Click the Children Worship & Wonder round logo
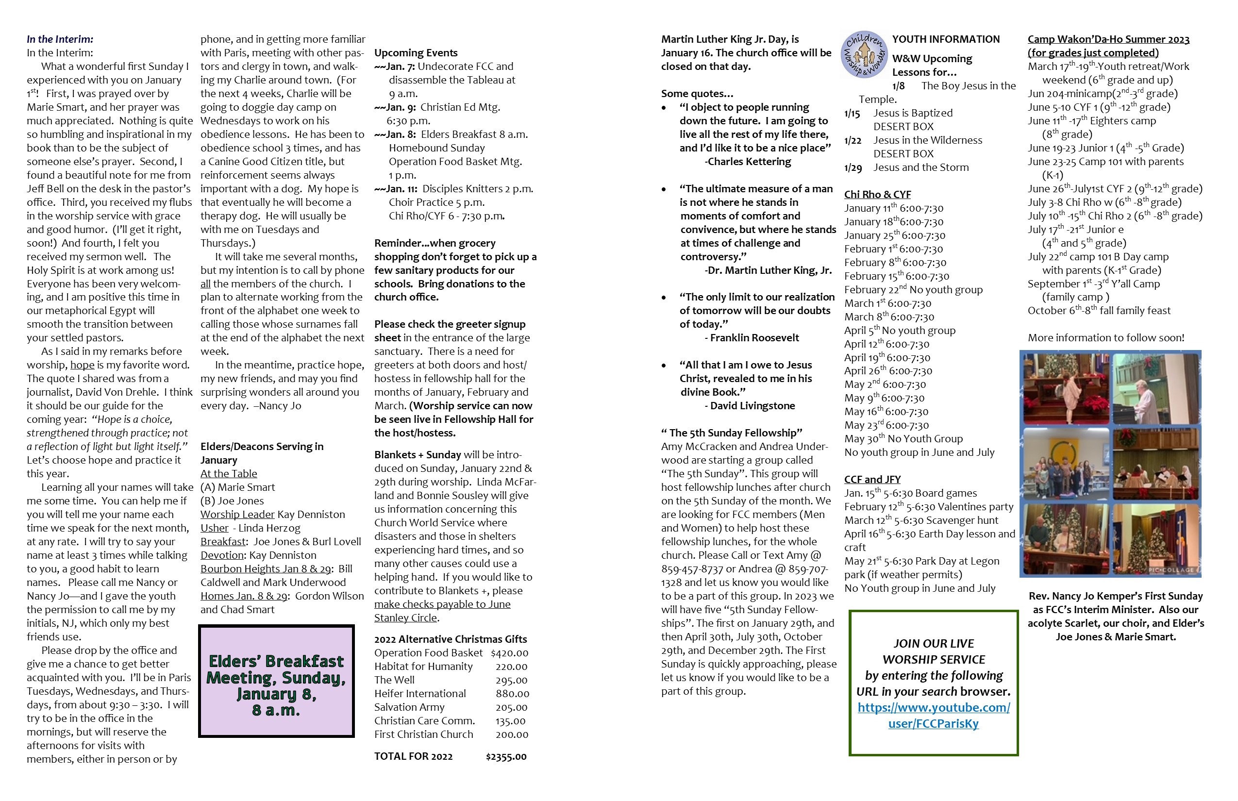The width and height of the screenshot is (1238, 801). (864, 54)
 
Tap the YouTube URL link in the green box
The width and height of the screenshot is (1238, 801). (933, 715)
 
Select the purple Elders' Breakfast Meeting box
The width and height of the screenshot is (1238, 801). (276, 681)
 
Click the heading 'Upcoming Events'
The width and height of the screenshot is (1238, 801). (416, 52)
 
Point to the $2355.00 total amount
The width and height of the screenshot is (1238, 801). (505, 756)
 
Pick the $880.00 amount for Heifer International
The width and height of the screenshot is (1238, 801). (512, 693)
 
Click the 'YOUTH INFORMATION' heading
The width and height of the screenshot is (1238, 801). (946, 39)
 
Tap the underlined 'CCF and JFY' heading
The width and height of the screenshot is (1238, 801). (872, 479)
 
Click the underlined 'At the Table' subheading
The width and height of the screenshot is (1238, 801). (229, 473)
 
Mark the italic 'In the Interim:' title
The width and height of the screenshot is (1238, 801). (60, 39)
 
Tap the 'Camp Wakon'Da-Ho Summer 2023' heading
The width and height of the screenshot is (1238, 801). (1108, 39)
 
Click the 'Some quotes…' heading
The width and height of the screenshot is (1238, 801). (697, 94)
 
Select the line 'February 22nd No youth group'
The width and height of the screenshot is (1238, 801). (913, 290)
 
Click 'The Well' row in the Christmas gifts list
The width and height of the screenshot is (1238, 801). (394, 680)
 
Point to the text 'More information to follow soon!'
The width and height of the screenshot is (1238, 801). (1105, 337)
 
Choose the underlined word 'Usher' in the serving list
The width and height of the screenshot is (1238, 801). (214, 528)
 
